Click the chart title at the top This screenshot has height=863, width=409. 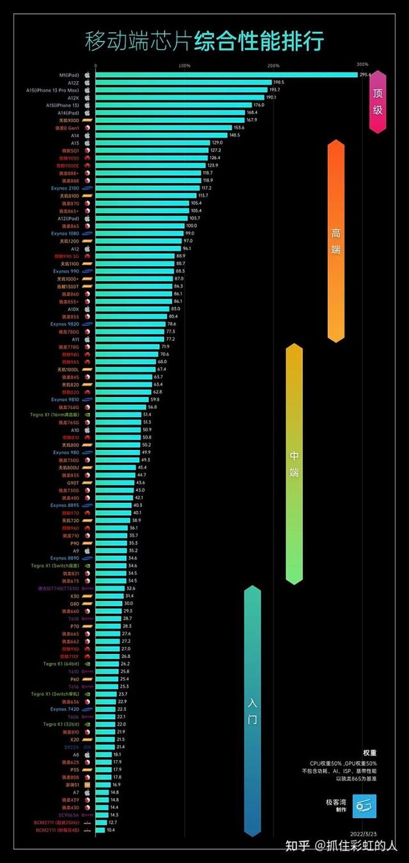coord(204,41)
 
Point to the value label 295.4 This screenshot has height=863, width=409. coord(366,75)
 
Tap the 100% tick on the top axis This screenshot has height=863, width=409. coord(184,65)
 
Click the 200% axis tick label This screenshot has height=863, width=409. coord(274,65)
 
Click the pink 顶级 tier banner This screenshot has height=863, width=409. coord(378,102)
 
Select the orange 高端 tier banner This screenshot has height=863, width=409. coord(336,241)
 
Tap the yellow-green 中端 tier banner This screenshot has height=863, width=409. coord(294,463)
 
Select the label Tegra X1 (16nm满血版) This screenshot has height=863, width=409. coord(55,414)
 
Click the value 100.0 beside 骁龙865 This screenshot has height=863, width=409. coord(191,226)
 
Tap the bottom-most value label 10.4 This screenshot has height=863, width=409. coord(111,830)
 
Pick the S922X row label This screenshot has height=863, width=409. coord(72,747)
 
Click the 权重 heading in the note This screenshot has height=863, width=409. coord(369,753)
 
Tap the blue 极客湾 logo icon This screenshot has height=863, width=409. coord(365,805)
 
